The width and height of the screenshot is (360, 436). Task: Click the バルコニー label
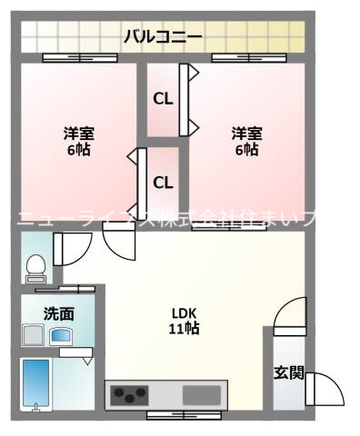164,36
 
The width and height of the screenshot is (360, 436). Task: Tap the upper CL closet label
163,99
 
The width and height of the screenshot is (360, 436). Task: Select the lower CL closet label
163,183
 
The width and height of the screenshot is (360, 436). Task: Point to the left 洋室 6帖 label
76,142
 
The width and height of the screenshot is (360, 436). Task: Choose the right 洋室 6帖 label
245,142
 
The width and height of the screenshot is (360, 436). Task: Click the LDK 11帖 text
185,322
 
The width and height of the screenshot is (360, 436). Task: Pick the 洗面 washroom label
58,313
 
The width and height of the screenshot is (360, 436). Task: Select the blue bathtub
37,382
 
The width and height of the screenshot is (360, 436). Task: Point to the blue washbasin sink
62,337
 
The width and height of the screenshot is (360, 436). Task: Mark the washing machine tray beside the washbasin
34,336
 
